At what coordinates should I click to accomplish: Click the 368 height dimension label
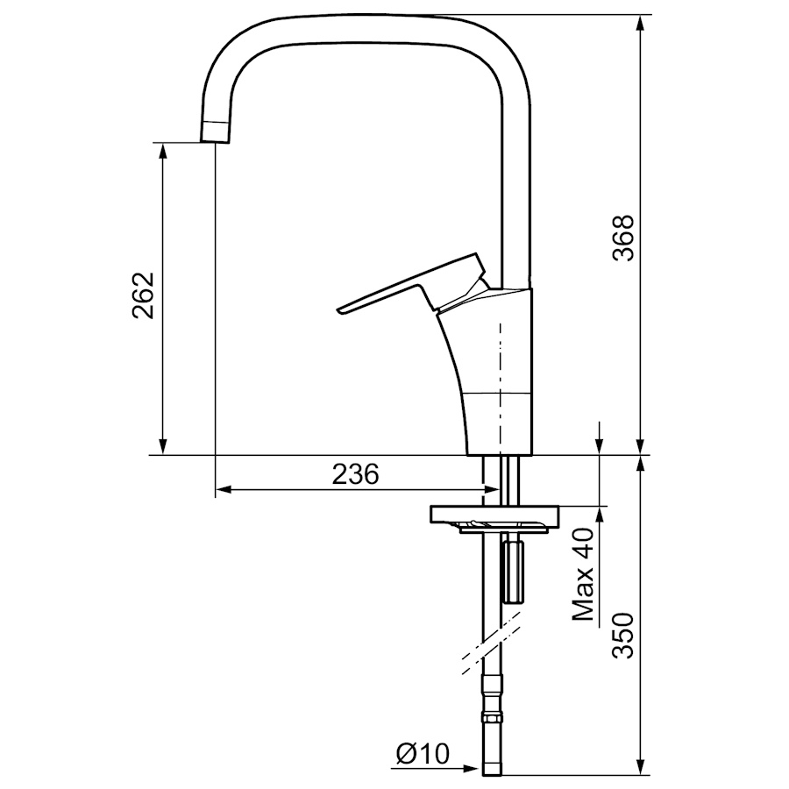[623, 238]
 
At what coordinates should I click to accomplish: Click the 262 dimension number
[143, 295]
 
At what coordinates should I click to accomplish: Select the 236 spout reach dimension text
[355, 474]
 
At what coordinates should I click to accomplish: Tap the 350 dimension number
[623, 636]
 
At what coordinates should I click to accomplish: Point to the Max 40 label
[584, 574]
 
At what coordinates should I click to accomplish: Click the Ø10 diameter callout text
[423, 753]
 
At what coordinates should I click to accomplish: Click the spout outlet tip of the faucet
[216, 140]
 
